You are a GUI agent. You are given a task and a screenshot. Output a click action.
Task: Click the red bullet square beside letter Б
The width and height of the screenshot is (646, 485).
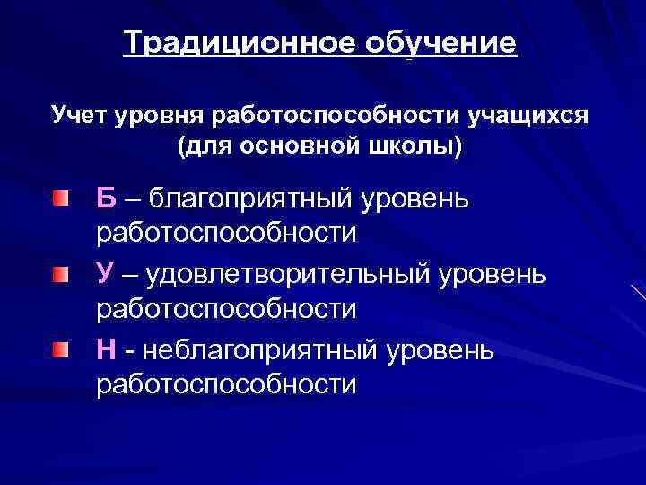58,196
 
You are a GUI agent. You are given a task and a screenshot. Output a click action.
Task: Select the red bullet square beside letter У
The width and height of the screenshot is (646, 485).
58,272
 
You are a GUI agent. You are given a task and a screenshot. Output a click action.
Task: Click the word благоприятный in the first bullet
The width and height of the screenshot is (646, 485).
249,196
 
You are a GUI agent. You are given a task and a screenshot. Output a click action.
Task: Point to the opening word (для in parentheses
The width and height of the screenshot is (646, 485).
202,146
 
